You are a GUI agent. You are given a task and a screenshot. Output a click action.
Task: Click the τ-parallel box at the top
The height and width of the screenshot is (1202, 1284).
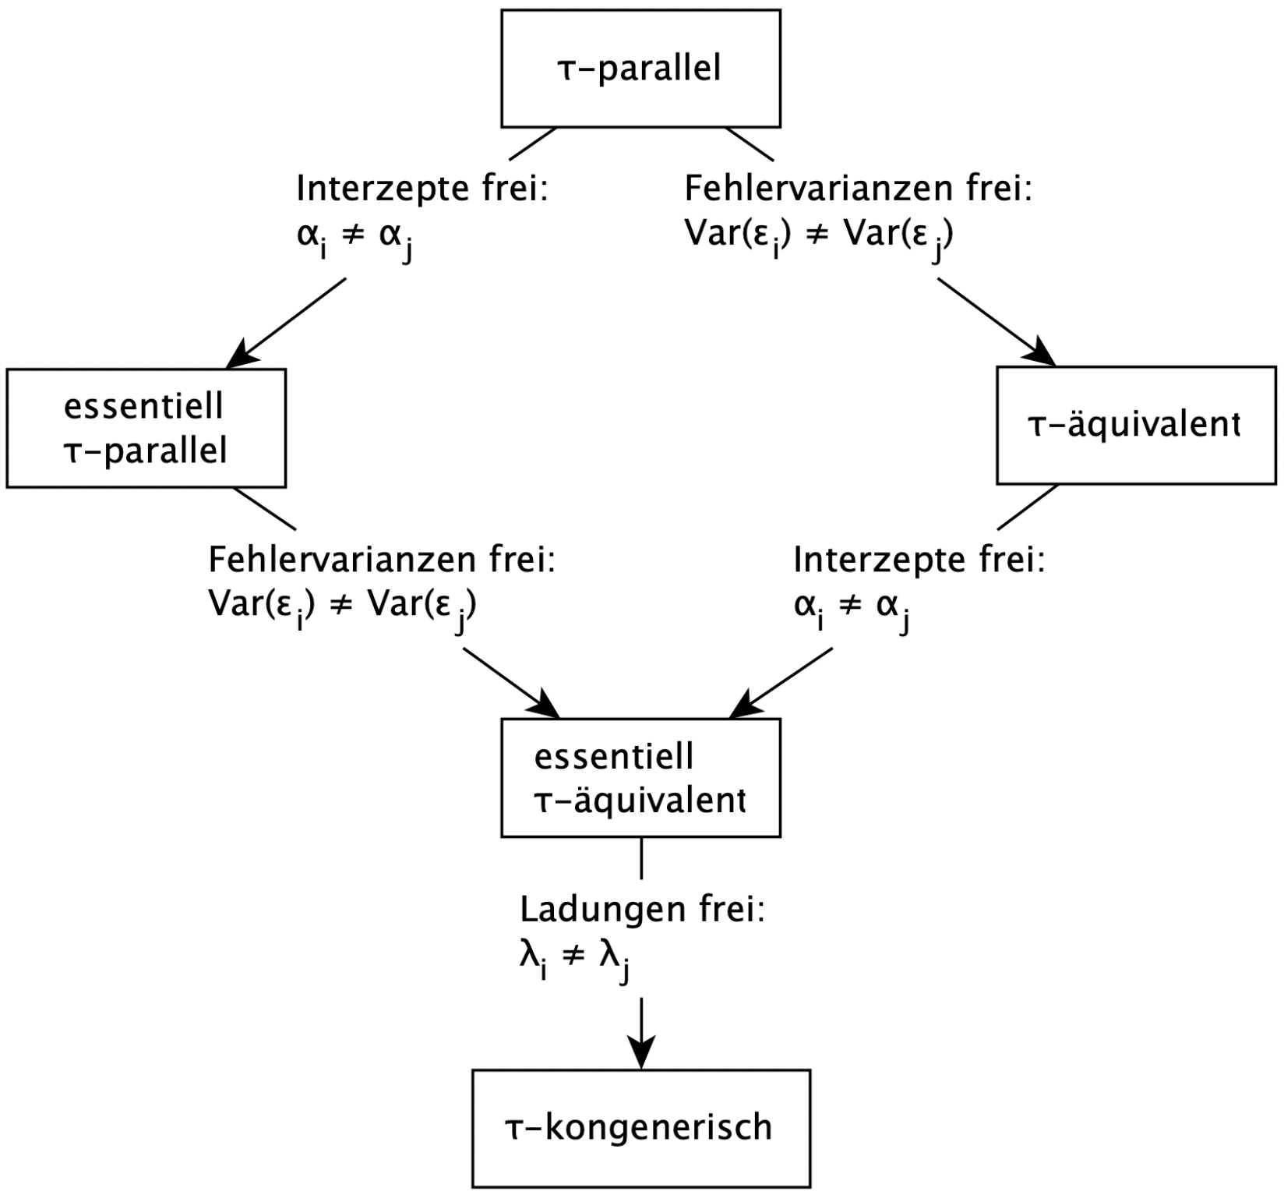tap(640, 69)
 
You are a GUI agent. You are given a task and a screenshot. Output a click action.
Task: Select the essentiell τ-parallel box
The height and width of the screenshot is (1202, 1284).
tap(146, 428)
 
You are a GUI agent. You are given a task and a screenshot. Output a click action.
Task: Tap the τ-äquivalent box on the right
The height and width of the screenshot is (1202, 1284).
tap(1136, 426)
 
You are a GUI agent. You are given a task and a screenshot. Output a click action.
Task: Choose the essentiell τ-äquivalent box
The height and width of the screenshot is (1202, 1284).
tap(640, 777)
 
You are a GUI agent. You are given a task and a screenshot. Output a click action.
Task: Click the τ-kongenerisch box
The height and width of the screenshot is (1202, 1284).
tap(640, 1127)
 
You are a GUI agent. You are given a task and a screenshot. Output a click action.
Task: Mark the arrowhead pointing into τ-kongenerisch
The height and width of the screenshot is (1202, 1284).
tap(641, 1057)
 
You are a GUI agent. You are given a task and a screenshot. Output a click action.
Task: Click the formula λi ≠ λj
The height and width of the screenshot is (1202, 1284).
tap(575, 958)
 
